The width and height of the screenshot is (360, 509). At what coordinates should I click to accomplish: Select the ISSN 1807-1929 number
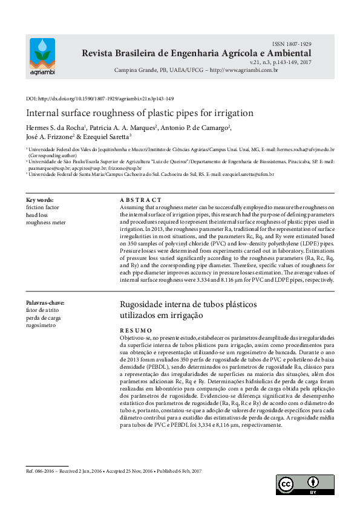pos(292,45)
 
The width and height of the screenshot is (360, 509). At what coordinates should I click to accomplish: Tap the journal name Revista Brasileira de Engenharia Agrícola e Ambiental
pos(197,54)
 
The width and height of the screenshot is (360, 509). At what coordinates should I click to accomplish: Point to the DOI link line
pos(100,99)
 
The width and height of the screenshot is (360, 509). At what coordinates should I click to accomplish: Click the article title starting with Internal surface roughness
pos(131,113)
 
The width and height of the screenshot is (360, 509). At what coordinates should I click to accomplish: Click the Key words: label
pos(40,199)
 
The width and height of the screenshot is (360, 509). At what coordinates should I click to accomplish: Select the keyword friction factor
pos(43,207)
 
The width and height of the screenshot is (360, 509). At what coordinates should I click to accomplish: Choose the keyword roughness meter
pos(46,222)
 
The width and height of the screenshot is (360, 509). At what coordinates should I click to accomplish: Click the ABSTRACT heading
pos(140,199)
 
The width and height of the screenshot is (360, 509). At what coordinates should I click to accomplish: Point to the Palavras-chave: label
pos(45,303)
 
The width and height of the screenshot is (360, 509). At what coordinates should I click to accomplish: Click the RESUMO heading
pos(136,331)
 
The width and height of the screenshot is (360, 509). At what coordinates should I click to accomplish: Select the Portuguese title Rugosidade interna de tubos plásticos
pos(188,304)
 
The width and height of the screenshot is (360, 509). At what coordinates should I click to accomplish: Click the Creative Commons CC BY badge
pos(306,485)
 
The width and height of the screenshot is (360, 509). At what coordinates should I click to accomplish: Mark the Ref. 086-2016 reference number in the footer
pos(42,471)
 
